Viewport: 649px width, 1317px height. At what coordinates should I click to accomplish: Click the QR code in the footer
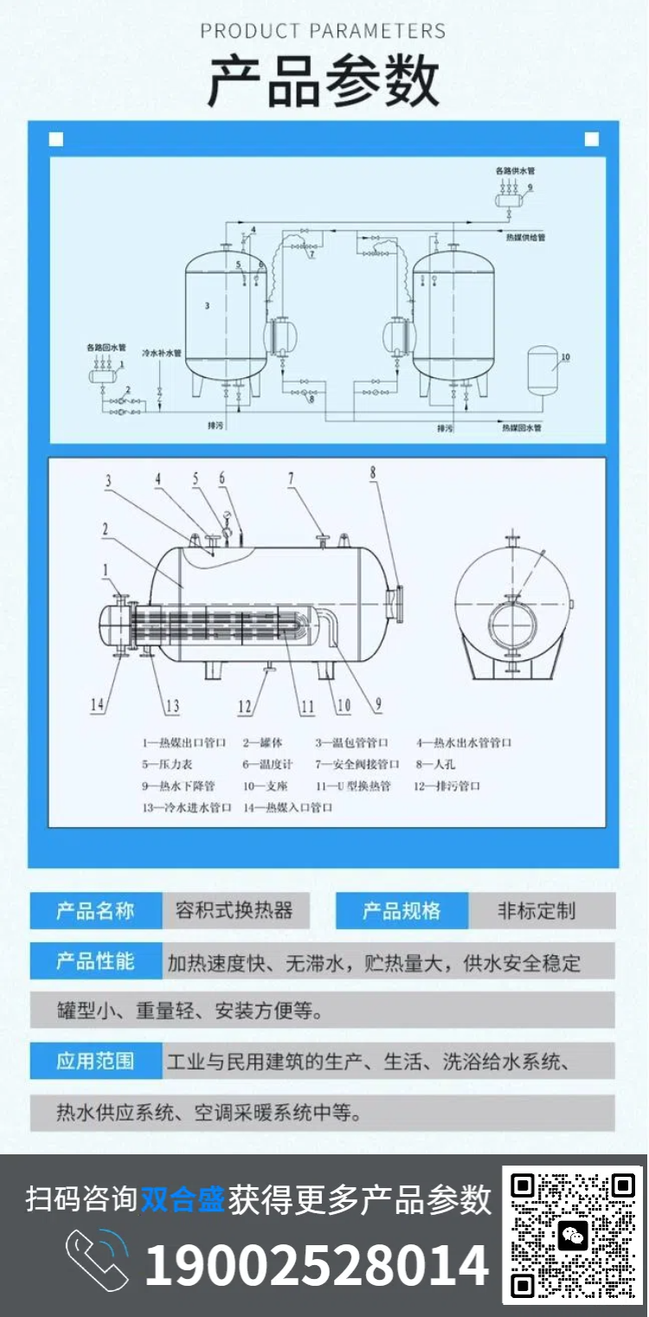coord(572,1235)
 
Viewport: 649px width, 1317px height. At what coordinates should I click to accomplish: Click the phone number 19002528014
coord(317,1264)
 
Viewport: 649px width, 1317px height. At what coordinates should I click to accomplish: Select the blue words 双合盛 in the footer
coord(183,1199)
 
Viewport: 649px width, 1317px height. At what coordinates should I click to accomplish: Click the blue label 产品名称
coord(95,911)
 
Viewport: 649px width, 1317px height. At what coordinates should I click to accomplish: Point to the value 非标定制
coord(537,911)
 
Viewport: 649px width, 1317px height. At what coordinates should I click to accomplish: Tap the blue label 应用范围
coord(95,1061)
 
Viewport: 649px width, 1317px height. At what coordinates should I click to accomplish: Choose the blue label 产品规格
coord(402,911)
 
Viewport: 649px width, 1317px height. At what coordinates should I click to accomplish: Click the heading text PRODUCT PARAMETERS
coord(324,32)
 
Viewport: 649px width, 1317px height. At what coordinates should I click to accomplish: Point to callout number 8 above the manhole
coord(373,472)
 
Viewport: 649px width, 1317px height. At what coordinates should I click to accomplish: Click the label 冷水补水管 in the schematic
coord(162,353)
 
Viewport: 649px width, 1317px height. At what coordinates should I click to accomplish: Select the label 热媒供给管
coord(525,236)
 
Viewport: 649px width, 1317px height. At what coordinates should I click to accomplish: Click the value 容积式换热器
coord(234,911)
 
